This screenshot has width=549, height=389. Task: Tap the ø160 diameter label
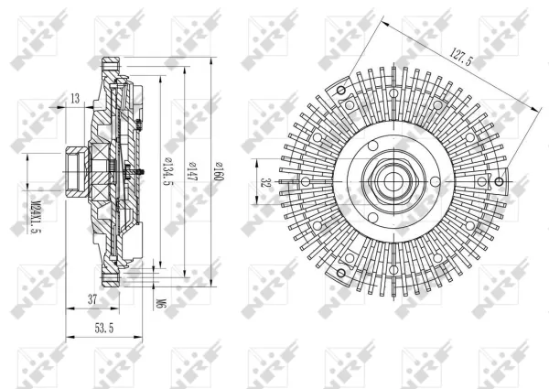point(220,170)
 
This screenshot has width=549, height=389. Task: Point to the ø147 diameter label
point(192,170)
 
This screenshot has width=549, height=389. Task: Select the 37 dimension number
point(91,298)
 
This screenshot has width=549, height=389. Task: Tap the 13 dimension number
point(73,98)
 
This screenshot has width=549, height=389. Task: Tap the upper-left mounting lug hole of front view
point(341,90)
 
